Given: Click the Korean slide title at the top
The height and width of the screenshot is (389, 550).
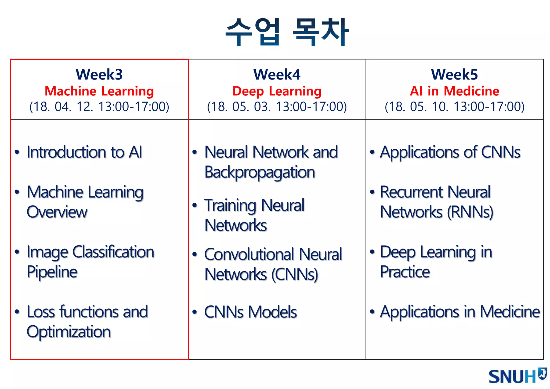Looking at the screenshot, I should click(287, 32).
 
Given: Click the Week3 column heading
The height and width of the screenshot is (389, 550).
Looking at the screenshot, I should click(99, 74).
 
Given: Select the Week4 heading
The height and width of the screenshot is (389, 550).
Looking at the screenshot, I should click(277, 74).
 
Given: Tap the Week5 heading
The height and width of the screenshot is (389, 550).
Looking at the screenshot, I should click(454, 74).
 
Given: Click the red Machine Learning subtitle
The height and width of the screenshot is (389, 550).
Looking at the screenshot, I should click(99, 91).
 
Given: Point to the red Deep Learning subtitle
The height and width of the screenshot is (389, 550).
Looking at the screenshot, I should click(277, 91).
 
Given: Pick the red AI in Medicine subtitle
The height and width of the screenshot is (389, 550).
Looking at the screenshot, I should click(454, 91).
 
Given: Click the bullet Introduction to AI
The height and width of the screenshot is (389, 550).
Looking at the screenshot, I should click(84, 152).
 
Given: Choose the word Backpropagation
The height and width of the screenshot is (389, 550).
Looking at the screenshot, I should click(260, 172).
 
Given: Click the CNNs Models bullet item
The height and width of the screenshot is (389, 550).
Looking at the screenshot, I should click(251, 312).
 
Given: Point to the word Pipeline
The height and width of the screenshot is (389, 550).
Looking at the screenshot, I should click(52, 272).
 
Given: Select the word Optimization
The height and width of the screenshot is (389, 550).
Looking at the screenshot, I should click(69, 332).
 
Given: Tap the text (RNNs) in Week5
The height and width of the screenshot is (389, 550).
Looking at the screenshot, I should click(470, 212).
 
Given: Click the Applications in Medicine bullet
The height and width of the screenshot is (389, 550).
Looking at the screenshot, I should click(460, 312).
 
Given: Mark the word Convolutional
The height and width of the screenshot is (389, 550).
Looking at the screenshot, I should click(249, 254).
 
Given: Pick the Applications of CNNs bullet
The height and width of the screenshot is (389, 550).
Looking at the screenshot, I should click(450, 152).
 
